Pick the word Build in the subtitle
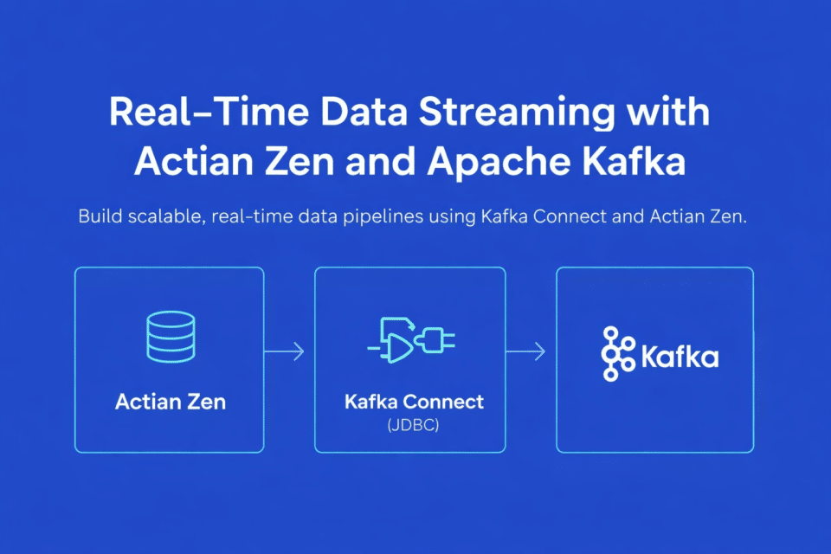[x=100, y=216]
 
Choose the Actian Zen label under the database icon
[x=169, y=402]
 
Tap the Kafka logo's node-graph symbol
[x=616, y=355]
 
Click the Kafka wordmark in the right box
[x=680, y=356]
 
